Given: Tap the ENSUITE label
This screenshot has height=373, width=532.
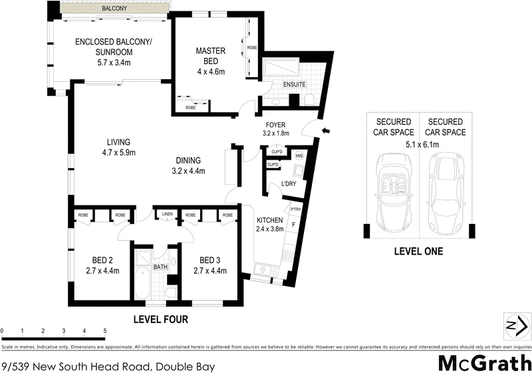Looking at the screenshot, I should pyautogui.click(x=293, y=84).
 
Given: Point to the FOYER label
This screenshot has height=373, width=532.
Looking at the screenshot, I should pyautogui.click(x=275, y=124).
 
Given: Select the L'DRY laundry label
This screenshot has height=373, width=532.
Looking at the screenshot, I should pyautogui.click(x=288, y=184).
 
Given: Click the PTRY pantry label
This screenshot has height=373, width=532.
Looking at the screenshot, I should pyautogui.click(x=297, y=210).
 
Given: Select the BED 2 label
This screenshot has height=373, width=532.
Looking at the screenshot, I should pyautogui.click(x=101, y=260).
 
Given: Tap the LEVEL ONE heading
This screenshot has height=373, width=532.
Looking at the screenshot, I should pyautogui.click(x=418, y=252).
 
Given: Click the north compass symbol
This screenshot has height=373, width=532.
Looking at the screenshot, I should pyautogui.click(x=515, y=326).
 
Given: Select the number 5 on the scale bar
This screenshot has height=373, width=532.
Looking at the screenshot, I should pyautogui.click(x=104, y=330).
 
